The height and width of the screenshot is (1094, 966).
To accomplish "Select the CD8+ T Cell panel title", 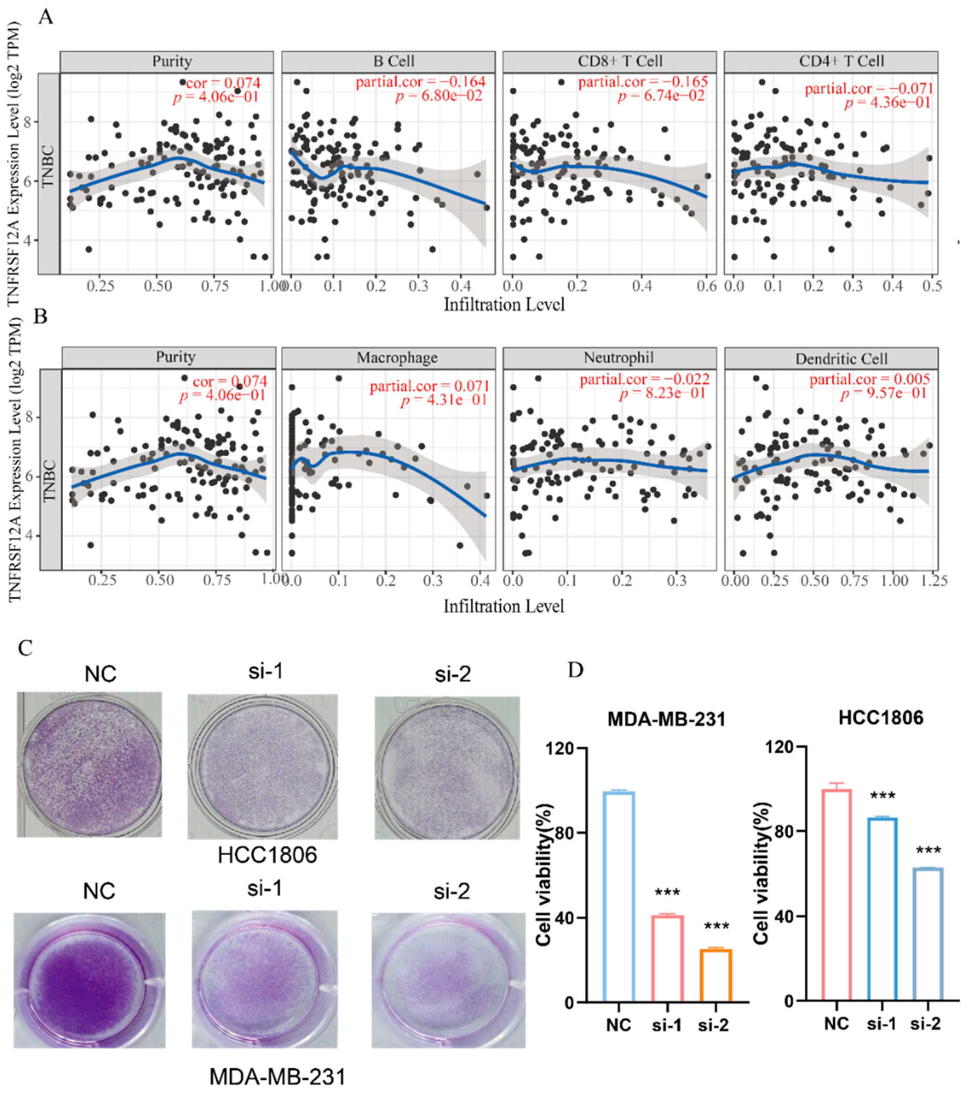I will pos(620,61).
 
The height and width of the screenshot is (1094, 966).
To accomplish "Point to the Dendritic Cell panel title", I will pos(841,359).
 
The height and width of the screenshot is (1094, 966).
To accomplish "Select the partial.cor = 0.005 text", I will pos(869,379).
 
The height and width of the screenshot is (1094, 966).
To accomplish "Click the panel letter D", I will pos(575,670).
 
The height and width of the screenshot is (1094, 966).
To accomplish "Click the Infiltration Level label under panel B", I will pos(504,606).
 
